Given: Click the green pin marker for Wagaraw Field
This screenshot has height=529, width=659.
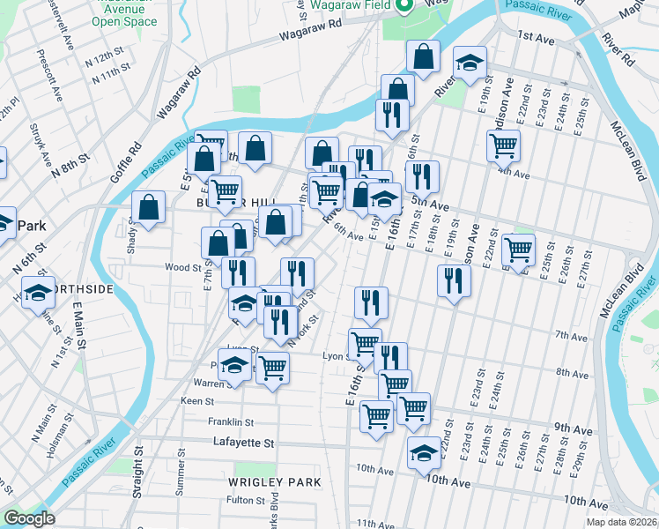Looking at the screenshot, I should pyautogui.click(x=405, y=5).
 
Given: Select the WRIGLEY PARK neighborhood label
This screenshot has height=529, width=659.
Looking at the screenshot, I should pyautogui.click(x=274, y=482).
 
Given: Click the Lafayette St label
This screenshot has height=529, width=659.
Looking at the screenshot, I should pyautogui.click(x=244, y=443).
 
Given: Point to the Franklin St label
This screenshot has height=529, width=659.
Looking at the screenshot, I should pyautogui.click(x=230, y=422).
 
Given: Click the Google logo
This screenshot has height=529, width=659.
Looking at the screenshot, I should pyautogui.click(x=29, y=518).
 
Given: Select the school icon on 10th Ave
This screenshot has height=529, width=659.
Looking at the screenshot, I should pyautogui.click(x=424, y=452).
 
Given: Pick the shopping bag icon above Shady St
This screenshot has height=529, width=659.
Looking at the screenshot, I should pyautogui.click(x=149, y=207).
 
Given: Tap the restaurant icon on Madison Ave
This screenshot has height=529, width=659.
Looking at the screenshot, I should pyautogui.click(x=454, y=279).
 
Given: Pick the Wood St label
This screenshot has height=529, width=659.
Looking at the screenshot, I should pyautogui.click(x=183, y=267).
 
